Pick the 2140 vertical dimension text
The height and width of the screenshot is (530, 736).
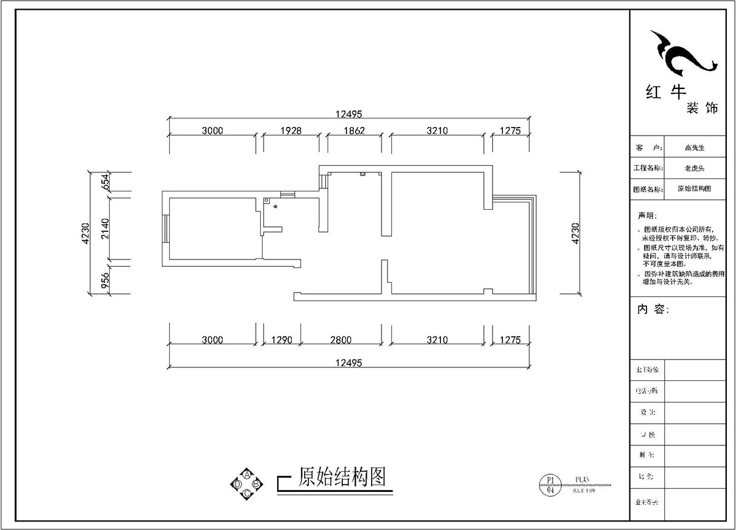[x=105, y=228]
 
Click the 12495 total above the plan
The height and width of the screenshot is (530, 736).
[x=350, y=113]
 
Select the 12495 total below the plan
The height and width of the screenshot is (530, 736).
[x=350, y=363]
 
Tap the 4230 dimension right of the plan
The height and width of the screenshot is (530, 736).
[x=575, y=233]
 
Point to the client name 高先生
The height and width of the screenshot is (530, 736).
[x=695, y=148]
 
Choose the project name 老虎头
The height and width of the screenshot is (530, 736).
[x=695, y=168]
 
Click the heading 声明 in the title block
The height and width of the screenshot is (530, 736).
[x=646, y=216]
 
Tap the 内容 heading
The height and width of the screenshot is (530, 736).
[x=653, y=309]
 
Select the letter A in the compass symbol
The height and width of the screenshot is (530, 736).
[x=247, y=474]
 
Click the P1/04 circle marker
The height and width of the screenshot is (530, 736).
[x=550, y=485]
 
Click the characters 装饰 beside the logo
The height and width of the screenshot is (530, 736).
[x=702, y=109]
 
